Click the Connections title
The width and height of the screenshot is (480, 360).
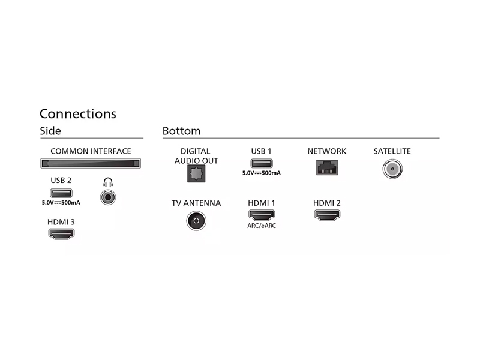(78, 113)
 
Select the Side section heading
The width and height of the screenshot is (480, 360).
(50, 131)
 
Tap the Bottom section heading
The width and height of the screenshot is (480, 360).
(181, 131)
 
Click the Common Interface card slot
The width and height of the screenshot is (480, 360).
(91, 163)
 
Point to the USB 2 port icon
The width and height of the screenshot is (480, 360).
(61, 193)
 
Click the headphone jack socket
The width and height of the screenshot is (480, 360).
(108, 197)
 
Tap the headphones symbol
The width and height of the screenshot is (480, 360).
(108, 182)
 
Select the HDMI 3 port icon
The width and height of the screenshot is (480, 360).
(61, 234)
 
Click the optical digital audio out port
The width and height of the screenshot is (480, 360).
(196, 173)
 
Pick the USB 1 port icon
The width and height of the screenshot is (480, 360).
(262, 163)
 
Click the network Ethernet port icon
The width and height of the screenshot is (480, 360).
(327, 167)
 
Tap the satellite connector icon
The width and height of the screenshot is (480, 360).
(392, 169)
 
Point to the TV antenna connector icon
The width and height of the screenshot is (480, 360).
(196, 221)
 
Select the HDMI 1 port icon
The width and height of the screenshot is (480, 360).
(262, 215)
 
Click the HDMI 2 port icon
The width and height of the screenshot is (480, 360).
(327, 215)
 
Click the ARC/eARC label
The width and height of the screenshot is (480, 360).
(262, 226)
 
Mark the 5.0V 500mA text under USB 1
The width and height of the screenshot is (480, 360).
(262, 173)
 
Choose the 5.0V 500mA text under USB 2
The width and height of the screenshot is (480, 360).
(61, 203)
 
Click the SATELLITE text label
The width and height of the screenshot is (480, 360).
(392, 151)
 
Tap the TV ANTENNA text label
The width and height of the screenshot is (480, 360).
(196, 203)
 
